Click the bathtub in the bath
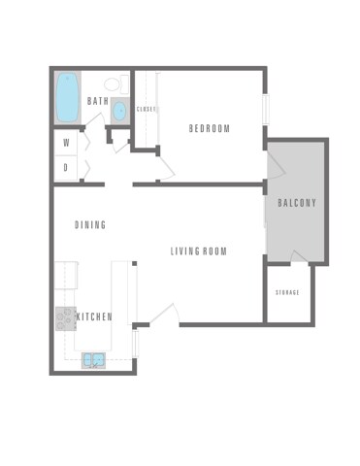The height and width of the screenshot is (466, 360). (67, 98)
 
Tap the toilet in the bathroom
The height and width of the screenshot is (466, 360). (111, 83)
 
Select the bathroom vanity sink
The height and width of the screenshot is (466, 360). (119, 111)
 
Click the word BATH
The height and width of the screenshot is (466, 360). (98, 101)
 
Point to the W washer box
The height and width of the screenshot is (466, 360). (66, 142)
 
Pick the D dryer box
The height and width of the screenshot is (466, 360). (66, 167)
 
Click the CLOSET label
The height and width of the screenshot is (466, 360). (146, 109)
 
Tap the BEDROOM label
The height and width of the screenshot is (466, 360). (210, 128)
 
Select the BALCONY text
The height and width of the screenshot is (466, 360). (297, 203)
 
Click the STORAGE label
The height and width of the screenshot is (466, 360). (287, 292)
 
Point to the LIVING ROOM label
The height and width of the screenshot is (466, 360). (198, 251)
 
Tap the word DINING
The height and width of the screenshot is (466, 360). (90, 225)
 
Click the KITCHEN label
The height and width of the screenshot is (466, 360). (95, 316)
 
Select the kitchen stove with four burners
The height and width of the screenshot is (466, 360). (66, 316)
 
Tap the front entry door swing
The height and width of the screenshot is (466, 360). (163, 315)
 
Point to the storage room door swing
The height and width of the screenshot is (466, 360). (299, 255)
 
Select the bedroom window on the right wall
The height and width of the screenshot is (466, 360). (265, 107)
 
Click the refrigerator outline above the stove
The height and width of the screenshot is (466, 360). (66, 277)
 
